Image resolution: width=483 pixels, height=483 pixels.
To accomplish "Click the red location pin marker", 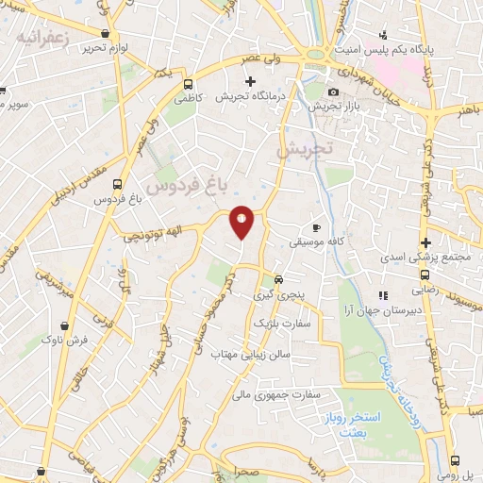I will pos(242,222).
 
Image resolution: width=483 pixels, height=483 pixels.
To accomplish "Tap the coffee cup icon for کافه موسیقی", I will pos(317,228).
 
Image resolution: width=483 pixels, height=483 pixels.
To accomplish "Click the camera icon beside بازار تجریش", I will pos(333,92).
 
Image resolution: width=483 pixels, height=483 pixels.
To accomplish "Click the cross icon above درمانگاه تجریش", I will pos(249,81).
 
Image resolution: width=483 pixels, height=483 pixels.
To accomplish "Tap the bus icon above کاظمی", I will pos(187,82).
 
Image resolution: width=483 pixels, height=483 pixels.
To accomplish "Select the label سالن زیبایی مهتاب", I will pos(252,353).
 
